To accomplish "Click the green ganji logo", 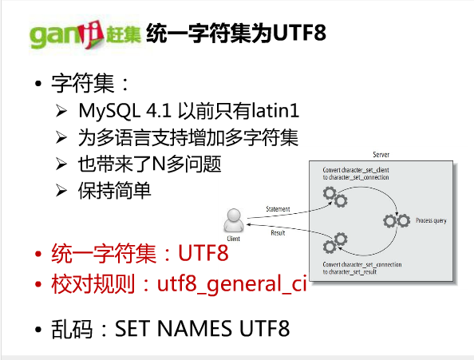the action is click(85, 35).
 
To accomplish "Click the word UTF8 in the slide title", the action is click(299, 33).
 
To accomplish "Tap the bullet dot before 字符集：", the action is click(38, 84).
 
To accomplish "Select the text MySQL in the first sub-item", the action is click(109, 112).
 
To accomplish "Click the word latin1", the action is click(275, 110).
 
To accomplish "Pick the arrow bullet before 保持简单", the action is click(61, 191).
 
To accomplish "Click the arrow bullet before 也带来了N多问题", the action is click(61, 164).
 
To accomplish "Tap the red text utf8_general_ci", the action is click(232, 284).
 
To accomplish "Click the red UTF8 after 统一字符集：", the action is click(203, 253).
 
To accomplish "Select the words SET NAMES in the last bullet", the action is click(172, 329).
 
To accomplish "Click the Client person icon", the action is click(234, 220).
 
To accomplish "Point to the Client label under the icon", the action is click(233, 239).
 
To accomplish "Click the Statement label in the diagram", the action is click(278, 209).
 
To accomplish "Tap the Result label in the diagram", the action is click(278, 233).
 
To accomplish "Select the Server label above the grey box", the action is click(381, 155).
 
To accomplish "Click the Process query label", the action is click(431, 220).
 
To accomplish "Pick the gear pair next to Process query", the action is click(397, 220).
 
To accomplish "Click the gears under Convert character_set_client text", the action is click(335, 197).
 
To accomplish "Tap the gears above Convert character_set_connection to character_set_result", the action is click(335, 243).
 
